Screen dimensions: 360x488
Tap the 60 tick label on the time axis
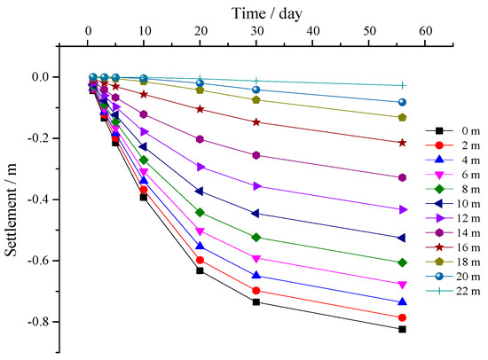point(425,32)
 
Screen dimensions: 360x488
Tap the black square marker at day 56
point(403,329)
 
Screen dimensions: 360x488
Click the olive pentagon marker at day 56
point(403,117)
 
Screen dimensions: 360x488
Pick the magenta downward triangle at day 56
point(403,285)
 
